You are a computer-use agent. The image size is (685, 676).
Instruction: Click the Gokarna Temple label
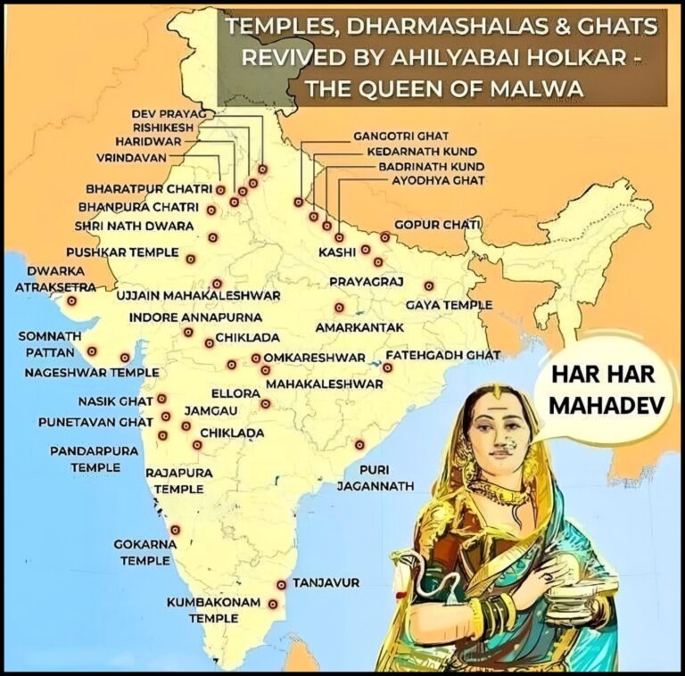tap(142, 552)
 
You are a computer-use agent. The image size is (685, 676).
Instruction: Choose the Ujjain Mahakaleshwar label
tap(200, 295)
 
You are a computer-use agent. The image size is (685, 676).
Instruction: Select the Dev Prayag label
tap(168, 115)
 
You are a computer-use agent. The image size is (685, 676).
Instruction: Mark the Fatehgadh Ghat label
tap(442, 355)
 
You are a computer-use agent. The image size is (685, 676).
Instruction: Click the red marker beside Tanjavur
tap(282, 585)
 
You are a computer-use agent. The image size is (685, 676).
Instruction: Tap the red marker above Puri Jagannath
tap(359, 444)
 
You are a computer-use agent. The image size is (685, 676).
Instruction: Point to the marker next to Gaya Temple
tap(429, 286)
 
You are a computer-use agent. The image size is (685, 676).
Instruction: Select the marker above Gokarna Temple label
tap(175, 528)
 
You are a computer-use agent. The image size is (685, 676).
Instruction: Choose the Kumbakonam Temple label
tap(213, 610)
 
